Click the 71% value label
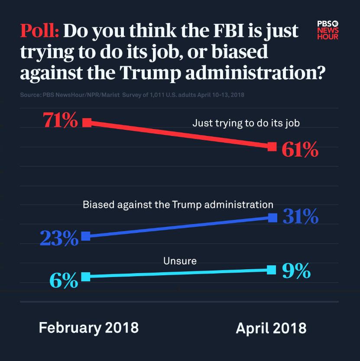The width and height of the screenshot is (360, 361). point(60,120)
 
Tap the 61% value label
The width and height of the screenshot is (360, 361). point(300,149)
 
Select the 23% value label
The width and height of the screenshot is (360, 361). point(59,238)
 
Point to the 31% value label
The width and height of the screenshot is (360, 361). point(301,216)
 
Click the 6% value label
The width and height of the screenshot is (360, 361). point(64,280)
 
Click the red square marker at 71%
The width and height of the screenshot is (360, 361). point(87,122)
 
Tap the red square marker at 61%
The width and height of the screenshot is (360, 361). point(272,146)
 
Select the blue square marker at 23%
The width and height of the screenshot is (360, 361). point(86,236)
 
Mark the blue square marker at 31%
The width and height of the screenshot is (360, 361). point(272,217)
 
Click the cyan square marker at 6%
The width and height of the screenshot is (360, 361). point(86,277)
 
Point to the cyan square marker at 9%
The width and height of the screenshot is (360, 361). point(272,270)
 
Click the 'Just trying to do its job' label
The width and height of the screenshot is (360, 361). point(246,123)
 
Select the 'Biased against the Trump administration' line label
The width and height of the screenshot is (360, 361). point(178,204)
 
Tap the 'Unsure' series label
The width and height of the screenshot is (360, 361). point(180,261)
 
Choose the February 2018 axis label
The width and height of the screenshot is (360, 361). point(89,327)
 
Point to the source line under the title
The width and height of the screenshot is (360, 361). point(132,94)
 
